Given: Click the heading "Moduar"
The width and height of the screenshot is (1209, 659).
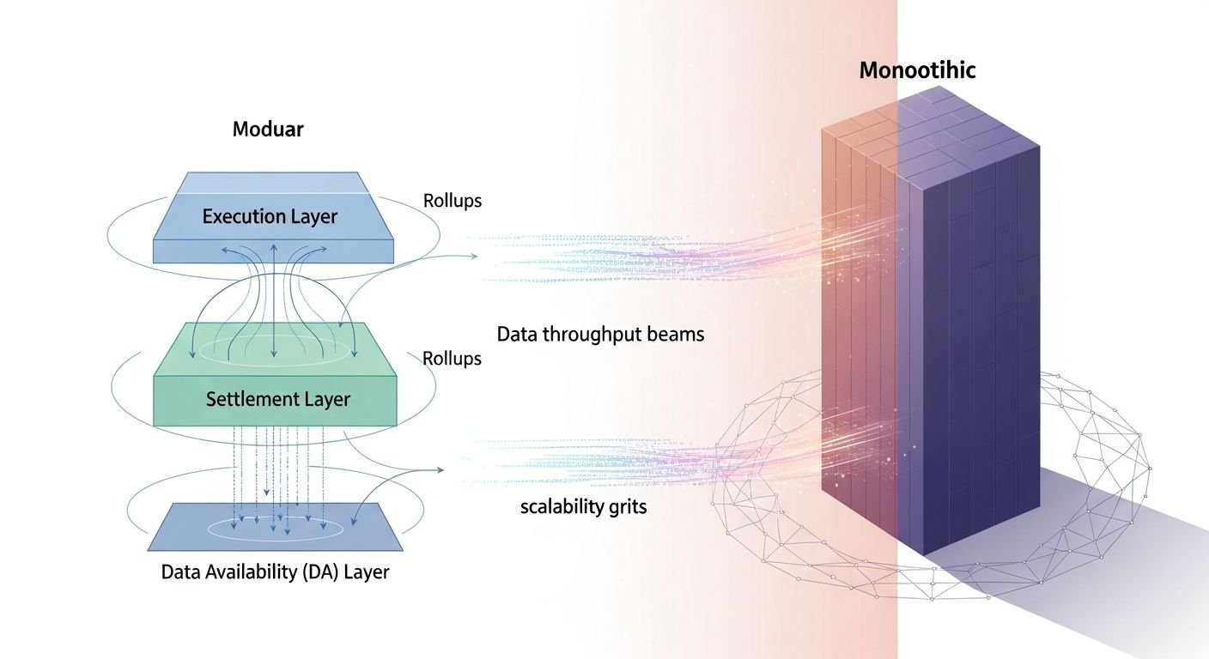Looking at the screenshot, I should (x=268, y=130).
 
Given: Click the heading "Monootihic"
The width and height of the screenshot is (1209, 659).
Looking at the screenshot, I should (x=917, y=70).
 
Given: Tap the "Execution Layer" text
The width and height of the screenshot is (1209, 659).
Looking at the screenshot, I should (x=270, y=216).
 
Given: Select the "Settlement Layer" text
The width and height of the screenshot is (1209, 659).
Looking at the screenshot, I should (x=278, y=399).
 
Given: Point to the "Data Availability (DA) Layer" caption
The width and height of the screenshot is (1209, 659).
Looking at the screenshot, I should (x=275, y=571).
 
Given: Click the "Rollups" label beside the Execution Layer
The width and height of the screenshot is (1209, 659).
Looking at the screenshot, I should (x=453, y=201).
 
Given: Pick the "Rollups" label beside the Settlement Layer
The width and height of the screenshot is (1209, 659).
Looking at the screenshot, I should (x=453, y=359).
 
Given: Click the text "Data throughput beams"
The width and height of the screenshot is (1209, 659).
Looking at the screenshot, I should (x=600, y=334).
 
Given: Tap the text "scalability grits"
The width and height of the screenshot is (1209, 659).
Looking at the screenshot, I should (x=583, y=506).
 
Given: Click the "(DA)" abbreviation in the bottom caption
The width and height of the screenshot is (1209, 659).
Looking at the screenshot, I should (x=316, y=571).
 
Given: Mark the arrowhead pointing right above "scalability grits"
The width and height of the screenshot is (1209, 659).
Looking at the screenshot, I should (x=440, y=470).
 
